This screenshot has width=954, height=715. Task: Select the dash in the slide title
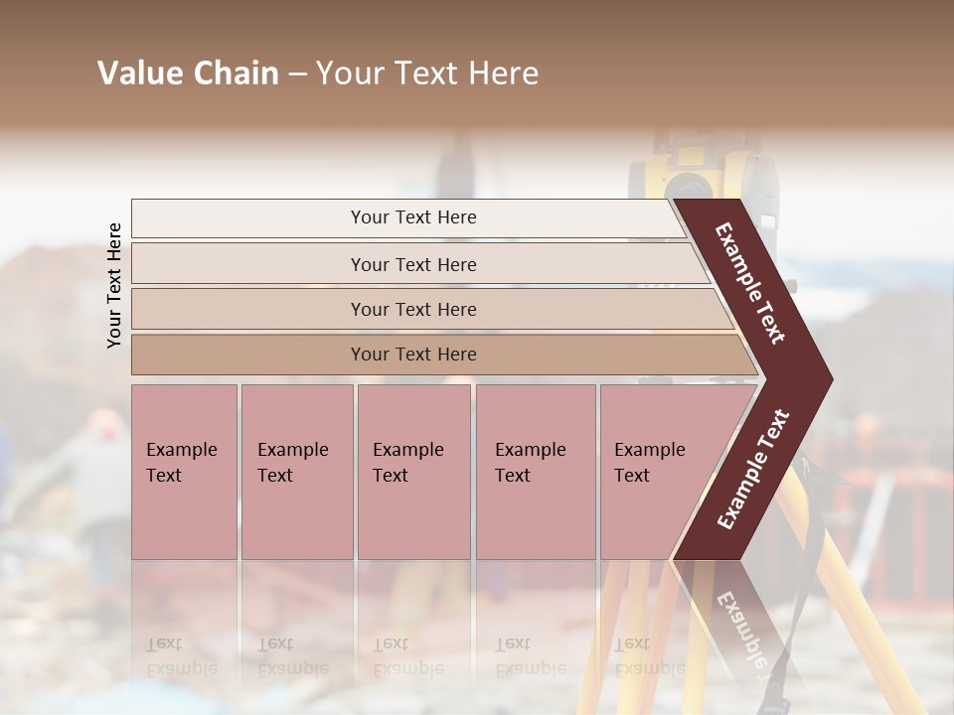[297, 74]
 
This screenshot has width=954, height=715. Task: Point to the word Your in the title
[347, 73]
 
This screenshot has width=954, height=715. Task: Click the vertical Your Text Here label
[114, 285]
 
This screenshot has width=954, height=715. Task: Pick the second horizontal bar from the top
[412, 264]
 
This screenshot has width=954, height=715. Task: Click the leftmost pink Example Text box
[184, 472]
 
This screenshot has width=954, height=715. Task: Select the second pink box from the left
[296, 472]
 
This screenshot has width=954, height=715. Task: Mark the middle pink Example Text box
[413, 472]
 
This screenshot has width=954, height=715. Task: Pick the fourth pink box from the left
[535, 472]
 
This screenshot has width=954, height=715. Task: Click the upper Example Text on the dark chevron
[750, 283]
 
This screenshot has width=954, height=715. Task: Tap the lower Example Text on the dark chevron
[753, 469]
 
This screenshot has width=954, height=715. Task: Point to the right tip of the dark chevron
[827, 379]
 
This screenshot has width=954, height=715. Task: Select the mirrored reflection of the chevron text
[740, 626]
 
